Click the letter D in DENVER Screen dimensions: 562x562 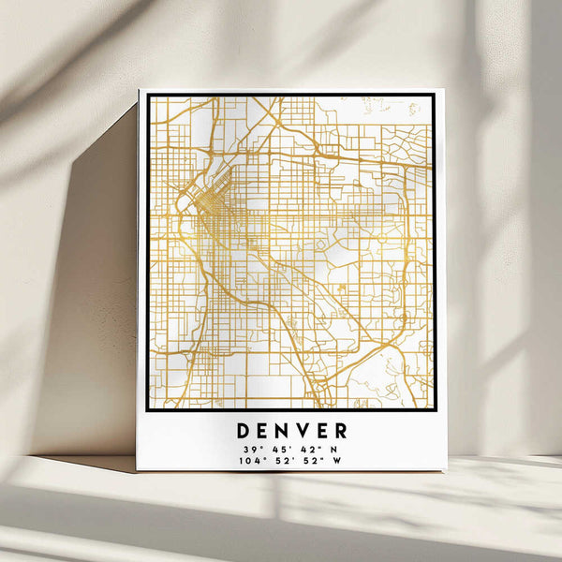(243, 431)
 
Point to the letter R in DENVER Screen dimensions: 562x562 (340, 431)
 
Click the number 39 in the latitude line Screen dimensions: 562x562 (246, 449)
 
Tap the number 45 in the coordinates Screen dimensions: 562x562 (274, 449)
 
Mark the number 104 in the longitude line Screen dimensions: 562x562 (244, 460)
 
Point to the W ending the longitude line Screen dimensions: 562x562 (336, 460)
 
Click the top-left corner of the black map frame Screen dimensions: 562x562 (148, 95)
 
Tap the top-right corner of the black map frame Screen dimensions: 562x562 (434, 95)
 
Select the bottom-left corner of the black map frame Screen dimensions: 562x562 (148, 409)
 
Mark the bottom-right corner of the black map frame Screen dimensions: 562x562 (434, 409)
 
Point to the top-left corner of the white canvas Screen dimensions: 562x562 (139, 90)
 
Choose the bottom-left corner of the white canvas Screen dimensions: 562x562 (136, 470)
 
